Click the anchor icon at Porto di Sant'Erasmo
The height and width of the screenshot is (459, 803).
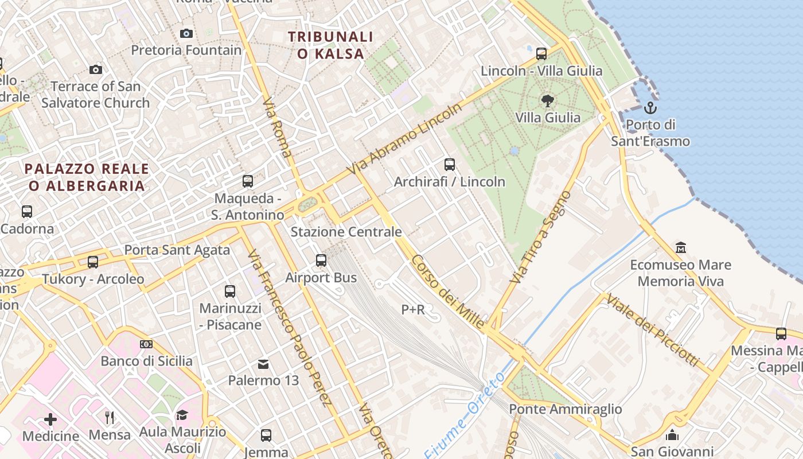(x=650, y=107)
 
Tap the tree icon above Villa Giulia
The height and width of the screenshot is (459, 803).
(x=548, y=101)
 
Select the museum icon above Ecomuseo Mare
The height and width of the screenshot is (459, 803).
(x=681, y=248)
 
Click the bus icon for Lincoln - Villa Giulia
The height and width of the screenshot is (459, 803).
(x=541, y=54)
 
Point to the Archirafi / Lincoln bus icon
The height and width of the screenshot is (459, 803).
(x=450, y=165)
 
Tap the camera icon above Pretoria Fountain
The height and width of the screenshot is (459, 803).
(x=186, y=33)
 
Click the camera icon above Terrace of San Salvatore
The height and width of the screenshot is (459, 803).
(x=96, y=69)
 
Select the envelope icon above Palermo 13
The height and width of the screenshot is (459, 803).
(x=263, y=364)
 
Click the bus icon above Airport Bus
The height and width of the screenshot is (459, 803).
(x=321, y=260)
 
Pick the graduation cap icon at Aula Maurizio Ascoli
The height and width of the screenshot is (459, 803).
(x=182, y=415)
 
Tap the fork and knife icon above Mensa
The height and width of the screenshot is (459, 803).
(x=110, y=417)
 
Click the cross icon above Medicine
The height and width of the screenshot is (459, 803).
(x=50, y=419)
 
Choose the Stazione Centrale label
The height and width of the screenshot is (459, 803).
(x=346, y=232)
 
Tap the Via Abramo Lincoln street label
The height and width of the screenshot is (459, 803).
(x=404, y=140)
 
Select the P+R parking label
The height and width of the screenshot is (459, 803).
(x=413, y=310)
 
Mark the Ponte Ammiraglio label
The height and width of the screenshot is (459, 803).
(x=566, y=409)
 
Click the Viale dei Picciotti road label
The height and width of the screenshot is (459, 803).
(x=652, y=330)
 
